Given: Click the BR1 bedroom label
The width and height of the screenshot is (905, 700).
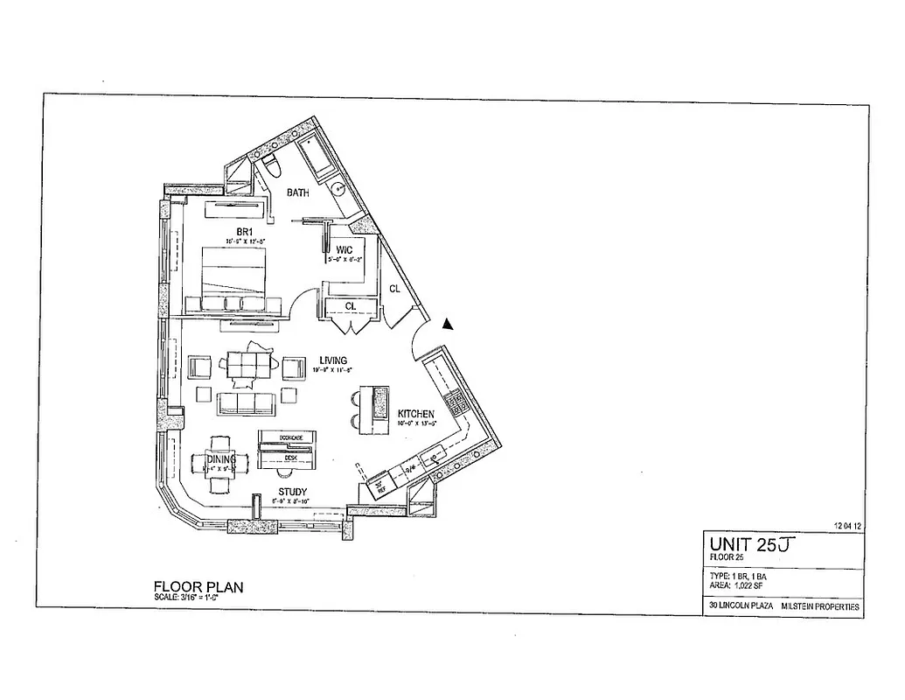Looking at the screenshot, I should coord(233,232).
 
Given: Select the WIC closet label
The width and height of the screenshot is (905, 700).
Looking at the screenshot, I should coord(343,250).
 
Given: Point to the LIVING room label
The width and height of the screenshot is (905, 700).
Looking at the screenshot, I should coord(334,360).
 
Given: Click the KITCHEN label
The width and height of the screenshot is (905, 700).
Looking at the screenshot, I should coord(417,414).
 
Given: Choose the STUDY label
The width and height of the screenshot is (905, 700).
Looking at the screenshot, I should coord(293,492).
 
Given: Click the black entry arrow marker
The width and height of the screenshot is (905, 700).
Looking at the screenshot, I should coord(448,324).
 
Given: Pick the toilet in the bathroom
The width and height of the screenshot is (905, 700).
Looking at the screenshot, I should coord(270,164).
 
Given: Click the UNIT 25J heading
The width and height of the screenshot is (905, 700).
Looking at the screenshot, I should coord(753,544).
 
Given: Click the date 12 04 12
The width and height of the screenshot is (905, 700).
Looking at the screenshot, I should coord(849,526).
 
